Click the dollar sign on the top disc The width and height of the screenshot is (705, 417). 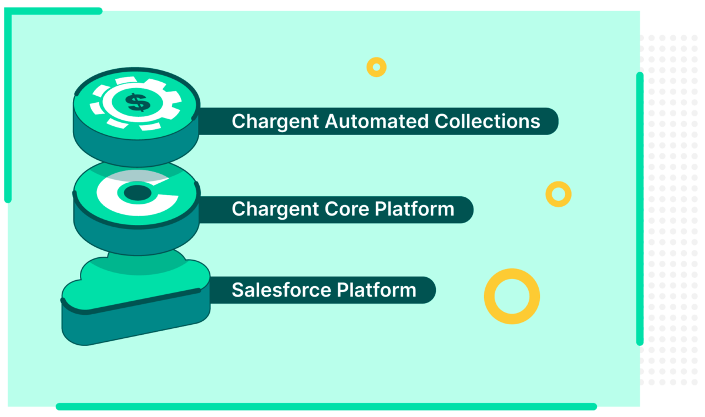click(137, 103)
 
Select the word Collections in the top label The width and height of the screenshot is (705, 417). click(487, 121)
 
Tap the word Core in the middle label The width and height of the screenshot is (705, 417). click(344, 209)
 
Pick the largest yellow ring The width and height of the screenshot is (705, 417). click(512, 296)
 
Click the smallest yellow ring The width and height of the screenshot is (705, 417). click(376, 67)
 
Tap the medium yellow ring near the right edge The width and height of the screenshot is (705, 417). click(558, 193)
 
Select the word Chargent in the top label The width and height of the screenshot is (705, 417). click(268, 122)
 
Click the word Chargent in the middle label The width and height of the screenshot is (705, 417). click(268, 210)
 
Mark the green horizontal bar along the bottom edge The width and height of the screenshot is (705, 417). click(326, 406)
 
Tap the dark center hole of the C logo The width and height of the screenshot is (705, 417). click(137, 191)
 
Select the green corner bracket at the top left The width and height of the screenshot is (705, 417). click(8, 59)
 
